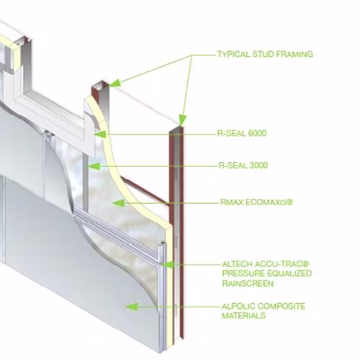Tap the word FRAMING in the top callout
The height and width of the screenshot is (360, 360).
294,55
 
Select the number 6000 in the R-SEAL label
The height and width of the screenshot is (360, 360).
257,133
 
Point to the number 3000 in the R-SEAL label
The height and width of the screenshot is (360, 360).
258,166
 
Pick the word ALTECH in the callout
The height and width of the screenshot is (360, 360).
237,264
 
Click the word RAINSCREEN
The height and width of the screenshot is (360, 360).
248,284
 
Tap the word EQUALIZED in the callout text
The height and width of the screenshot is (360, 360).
289,274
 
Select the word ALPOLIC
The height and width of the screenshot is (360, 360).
238,307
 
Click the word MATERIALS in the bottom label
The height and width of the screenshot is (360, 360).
243,315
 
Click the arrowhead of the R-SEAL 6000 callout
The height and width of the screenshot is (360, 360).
100,135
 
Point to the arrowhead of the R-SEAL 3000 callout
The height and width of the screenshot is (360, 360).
94,166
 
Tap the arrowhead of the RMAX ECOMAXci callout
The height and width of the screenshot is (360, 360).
118,203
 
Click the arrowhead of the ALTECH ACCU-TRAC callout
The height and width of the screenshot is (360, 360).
167,265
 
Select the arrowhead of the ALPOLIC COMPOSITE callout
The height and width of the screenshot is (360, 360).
132,307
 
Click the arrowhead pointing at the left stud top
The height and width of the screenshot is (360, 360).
114,83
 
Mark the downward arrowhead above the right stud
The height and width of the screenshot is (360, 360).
182,120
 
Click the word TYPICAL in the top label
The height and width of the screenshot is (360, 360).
233,55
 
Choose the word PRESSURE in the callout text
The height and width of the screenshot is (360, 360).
243,274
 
